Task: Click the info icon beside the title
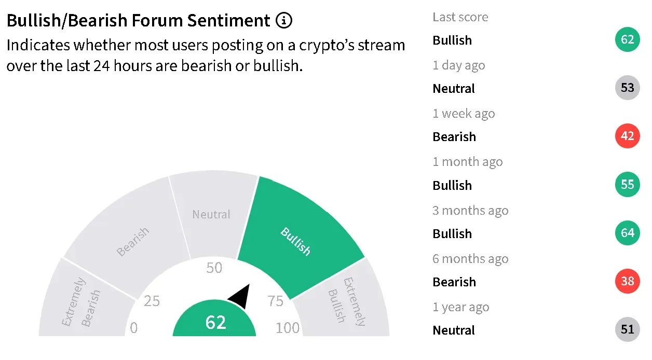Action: click(x=284, y=20)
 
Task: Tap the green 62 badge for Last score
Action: click(x=627, y=39)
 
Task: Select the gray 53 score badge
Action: click(x=627, y=88)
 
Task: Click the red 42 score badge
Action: click(x=627, y=136)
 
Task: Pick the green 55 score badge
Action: click(x=627, y=184)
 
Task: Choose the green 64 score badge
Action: click(x=627, y=232)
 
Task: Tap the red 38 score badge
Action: click(x=627, y=281)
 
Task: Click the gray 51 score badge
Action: click(x=627, y=329)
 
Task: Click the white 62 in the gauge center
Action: click(x=215, y=322)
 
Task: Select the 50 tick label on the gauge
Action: click(x=214, y=268)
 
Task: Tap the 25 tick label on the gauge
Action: click(x=152, y=301)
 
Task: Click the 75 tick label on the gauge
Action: click(x=275, y=301)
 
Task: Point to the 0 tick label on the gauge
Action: click(x=133, y=328)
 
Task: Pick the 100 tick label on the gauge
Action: click(x=288, y=328)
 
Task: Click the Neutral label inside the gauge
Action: click(x=211, y=214)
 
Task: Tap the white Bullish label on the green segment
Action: click(x=295, y=242)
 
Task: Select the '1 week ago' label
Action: click(x=464, y=114)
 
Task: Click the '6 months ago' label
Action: click(x=470, y=258)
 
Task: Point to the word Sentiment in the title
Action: click(x=229, y=20)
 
